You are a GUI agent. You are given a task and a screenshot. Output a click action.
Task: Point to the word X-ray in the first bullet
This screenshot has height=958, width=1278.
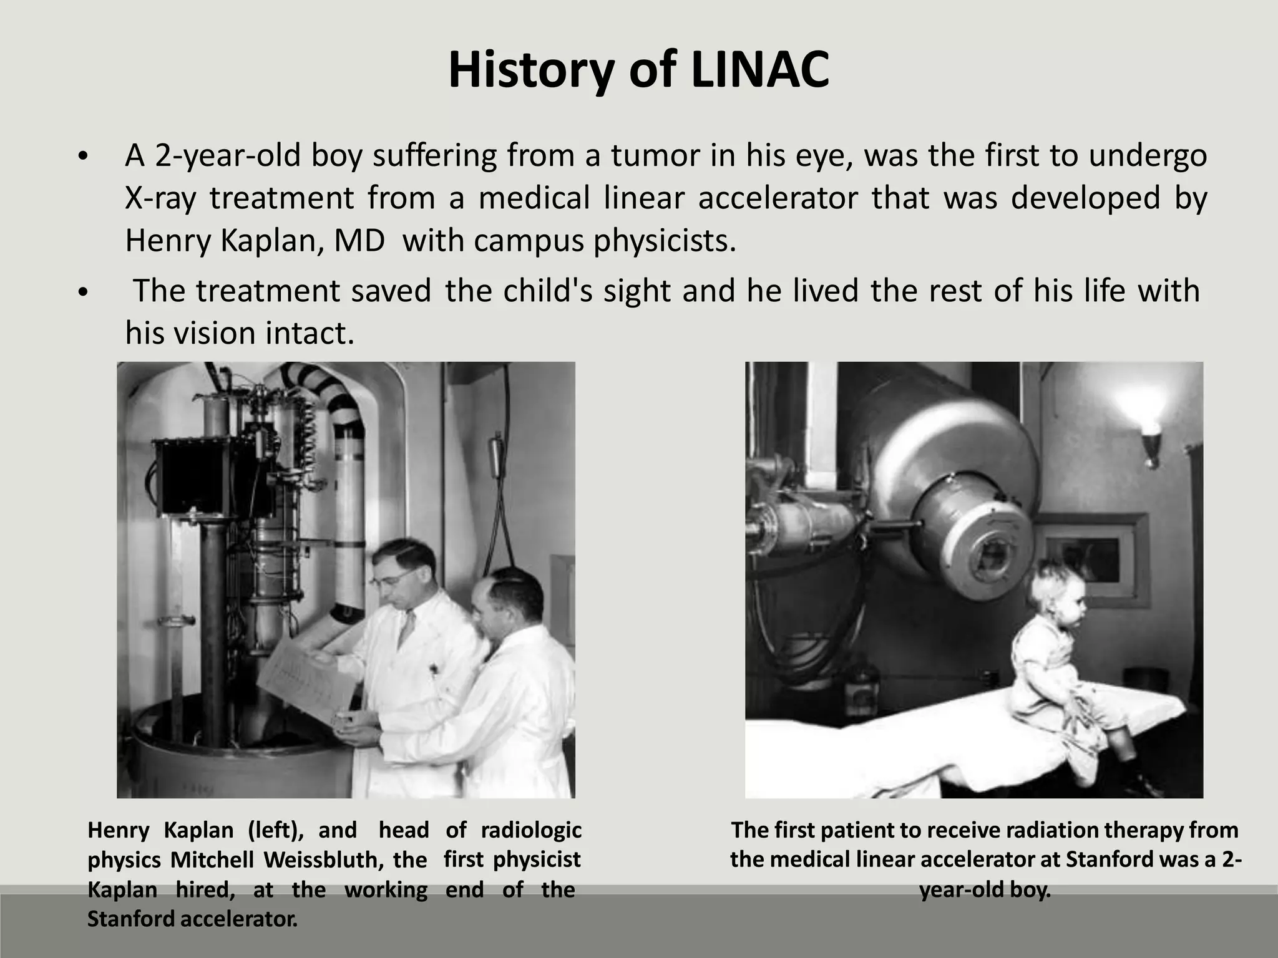coord(160,198)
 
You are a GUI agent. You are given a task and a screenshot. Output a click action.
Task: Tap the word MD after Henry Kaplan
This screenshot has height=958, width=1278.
coord(359,240)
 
